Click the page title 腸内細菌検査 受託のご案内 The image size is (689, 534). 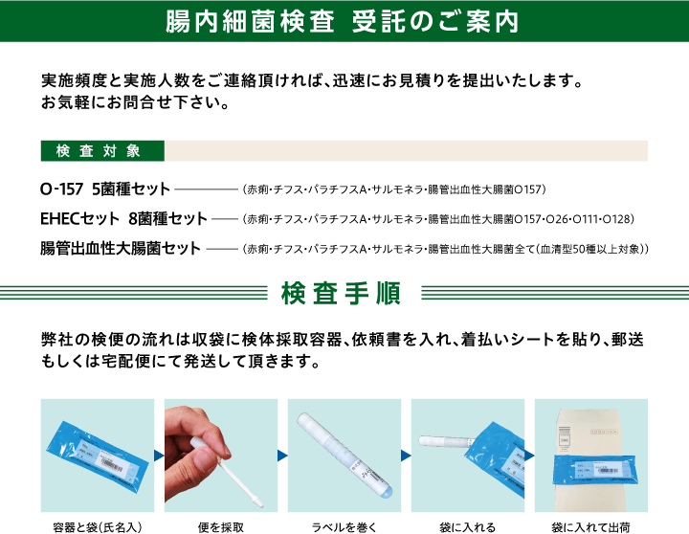coord(343,21)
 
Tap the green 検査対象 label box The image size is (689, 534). coord(102,151)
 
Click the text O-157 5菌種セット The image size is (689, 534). coord(105,189)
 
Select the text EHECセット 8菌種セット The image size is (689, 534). coord(123,218)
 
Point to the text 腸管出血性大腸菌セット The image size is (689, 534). coord(121,248)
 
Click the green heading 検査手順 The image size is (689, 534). coord(341,294)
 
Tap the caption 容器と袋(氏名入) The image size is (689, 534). coord(97,527)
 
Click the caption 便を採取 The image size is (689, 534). coord(221,527)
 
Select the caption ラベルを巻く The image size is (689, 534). coord(344,527)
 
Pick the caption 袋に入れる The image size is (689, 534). coord(468,527)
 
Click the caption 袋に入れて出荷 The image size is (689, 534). coord(591,527)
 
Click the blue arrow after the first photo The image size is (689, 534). coord(159,456)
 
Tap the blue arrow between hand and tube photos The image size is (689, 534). coord(282,456)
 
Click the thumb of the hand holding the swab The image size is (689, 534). coord(208,457)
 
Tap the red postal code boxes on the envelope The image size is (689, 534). coord(603,433)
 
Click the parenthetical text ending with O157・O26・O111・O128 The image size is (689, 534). coord(438,219)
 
